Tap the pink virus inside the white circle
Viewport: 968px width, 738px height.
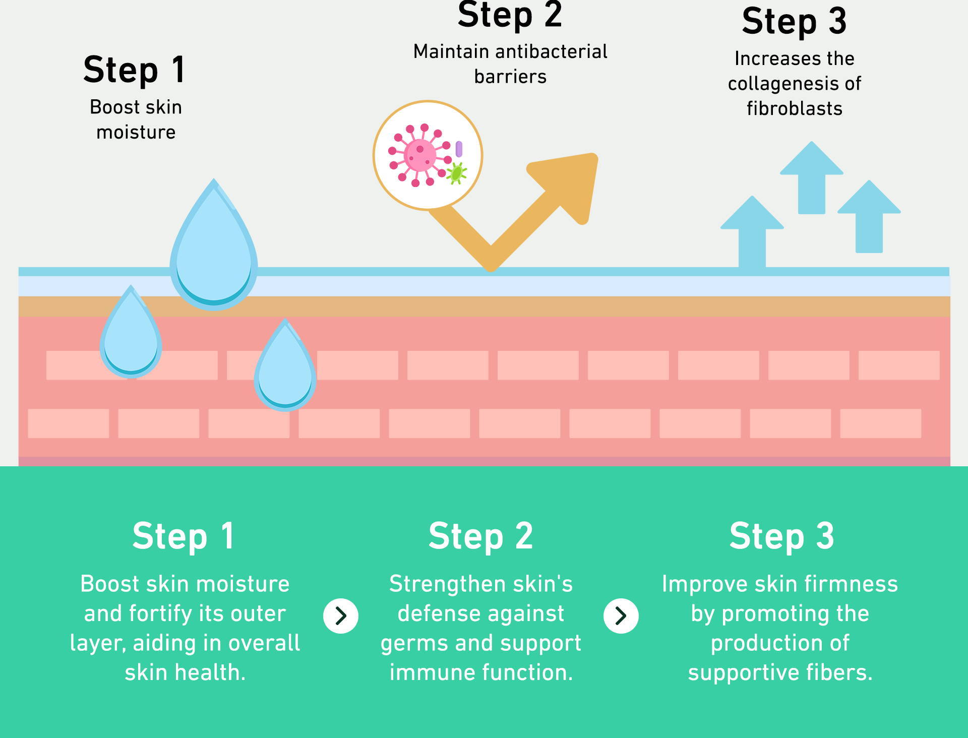(x=420, y=155)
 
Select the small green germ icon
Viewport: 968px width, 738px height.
(x=456, y=173)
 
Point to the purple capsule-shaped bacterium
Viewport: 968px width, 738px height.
(x=459, y=149)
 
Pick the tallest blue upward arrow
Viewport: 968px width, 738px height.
(x=811, y=177)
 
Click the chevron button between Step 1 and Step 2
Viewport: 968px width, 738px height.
(x=341, y=616)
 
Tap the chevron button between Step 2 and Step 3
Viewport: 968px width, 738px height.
(x=621, y=616)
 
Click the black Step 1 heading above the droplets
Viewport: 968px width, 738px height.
(x=135, y=70)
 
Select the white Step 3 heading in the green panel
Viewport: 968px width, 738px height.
(x=781, y=536)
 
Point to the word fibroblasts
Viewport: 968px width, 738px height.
(x=795, y=108)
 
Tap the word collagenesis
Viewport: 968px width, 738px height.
(x=780, y=84)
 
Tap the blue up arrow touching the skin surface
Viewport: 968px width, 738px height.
(x=752, y=232)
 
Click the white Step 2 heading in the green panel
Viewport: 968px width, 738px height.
(x=480, y=536)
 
